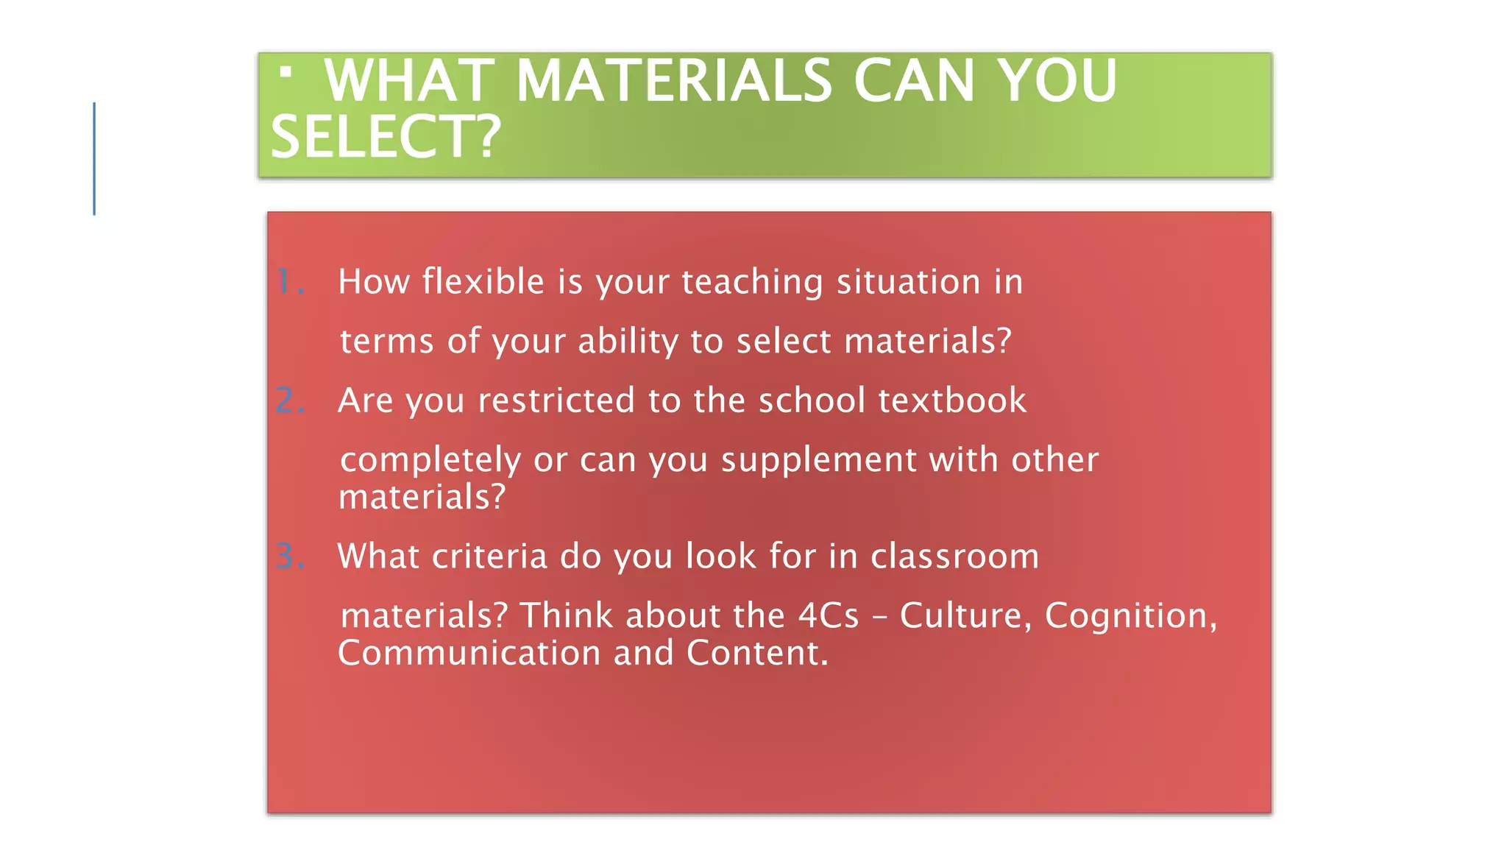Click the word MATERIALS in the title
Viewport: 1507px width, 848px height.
[x=673, y=81]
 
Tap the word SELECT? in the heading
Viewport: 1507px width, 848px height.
[x=386, y=138]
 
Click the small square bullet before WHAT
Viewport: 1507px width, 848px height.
[x=286, y=72]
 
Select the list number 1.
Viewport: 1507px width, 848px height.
[x=289, y=282]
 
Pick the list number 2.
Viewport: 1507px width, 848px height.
[x=289, y=401]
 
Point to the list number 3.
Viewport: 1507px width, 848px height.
[x=289, y=556]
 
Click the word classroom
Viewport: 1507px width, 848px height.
[x=954, y=556]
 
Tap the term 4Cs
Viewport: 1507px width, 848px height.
[x=829, y=615]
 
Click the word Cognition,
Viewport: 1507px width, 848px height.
[x=1131, y=616]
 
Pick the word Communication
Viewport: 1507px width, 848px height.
[x=469, y=654]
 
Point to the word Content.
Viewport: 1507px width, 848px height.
[x=757, y=654]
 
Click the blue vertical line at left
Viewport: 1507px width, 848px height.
[x=94, y=158]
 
